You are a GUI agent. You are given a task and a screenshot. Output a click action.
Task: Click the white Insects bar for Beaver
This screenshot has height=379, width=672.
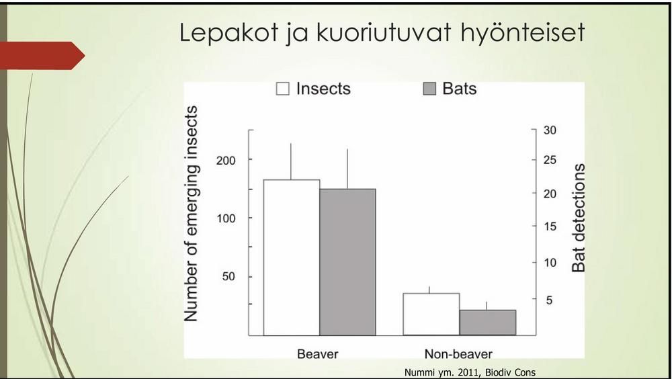[292, 257]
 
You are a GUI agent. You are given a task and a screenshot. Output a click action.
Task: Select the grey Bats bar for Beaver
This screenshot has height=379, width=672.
[347, 262]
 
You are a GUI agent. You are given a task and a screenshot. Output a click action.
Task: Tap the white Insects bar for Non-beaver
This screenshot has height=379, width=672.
[431, 314]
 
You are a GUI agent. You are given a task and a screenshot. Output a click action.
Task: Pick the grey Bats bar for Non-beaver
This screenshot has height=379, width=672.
[488, 323]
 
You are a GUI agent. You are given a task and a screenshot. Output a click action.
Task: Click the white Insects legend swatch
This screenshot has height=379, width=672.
[282, 89]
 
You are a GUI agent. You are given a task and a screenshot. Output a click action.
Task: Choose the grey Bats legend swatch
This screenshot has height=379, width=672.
[429, 89]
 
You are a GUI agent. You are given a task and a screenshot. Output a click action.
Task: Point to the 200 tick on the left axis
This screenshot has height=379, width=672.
[226, 161]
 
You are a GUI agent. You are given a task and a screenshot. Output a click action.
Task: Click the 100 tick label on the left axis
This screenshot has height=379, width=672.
[226, 218]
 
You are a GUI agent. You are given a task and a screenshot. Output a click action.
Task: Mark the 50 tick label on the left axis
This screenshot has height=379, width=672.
[228, 277]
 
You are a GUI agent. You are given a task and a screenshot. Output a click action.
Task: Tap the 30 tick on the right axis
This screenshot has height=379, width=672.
[550, 130]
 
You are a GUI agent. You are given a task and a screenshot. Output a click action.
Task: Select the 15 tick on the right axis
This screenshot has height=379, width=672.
[550, 226]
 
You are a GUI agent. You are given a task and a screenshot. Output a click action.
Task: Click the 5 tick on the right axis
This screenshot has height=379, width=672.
[549, 300]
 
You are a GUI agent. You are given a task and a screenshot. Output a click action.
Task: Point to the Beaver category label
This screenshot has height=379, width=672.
[318, 354]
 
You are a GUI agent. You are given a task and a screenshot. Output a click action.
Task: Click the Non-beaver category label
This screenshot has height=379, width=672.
[458, 354]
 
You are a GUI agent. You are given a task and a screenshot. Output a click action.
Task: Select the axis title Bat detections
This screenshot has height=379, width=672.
[579, 218]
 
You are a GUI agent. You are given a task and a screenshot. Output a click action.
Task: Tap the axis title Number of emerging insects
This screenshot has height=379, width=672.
[191, 214]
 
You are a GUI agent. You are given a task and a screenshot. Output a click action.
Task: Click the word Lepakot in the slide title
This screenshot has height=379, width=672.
[229, 32]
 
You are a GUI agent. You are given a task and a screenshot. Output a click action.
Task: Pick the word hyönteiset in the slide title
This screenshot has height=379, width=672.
[523, 33]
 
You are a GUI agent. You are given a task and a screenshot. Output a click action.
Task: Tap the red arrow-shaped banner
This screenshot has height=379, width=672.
[42, 55]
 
